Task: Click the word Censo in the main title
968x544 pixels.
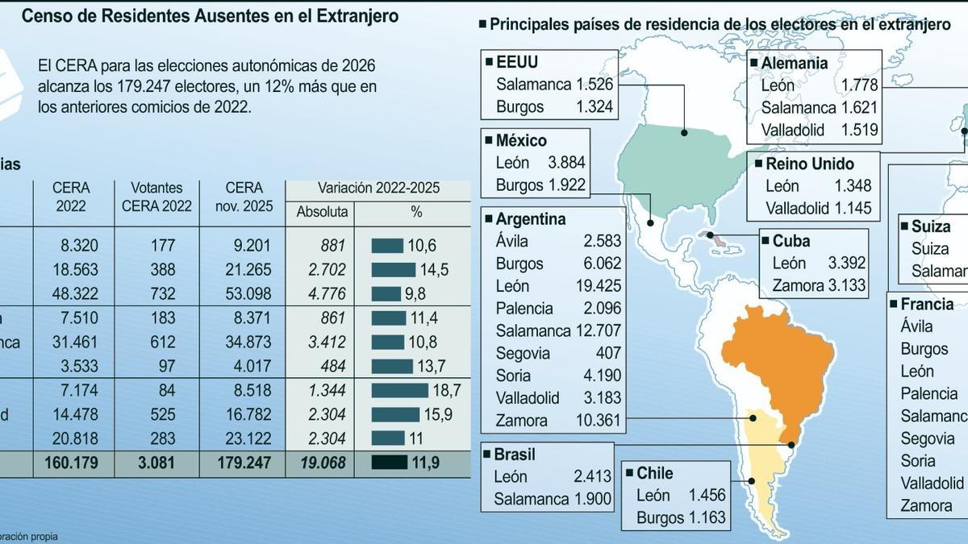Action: click(46, 16)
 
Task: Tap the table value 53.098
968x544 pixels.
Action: click(244, 293)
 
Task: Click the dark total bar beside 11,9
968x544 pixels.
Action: click(390, 463)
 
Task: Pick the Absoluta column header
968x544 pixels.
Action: click(322, 212)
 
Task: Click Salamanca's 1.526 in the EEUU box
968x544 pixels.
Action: click(594, 84)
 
